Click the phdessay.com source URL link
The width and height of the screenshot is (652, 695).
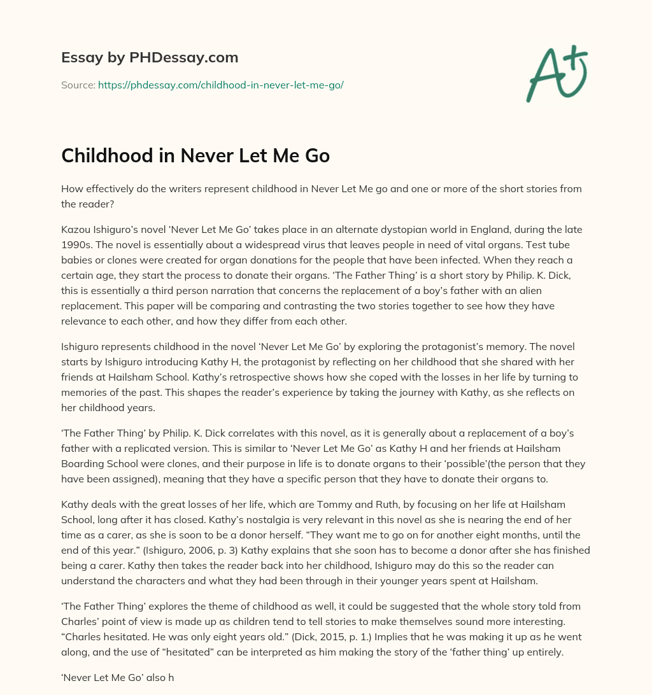coord(220,85)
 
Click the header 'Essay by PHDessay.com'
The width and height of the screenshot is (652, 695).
coord(150,58)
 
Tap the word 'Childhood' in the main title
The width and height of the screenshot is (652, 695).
coord(112,156)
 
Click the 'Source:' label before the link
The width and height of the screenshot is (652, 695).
coord(78,85)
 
